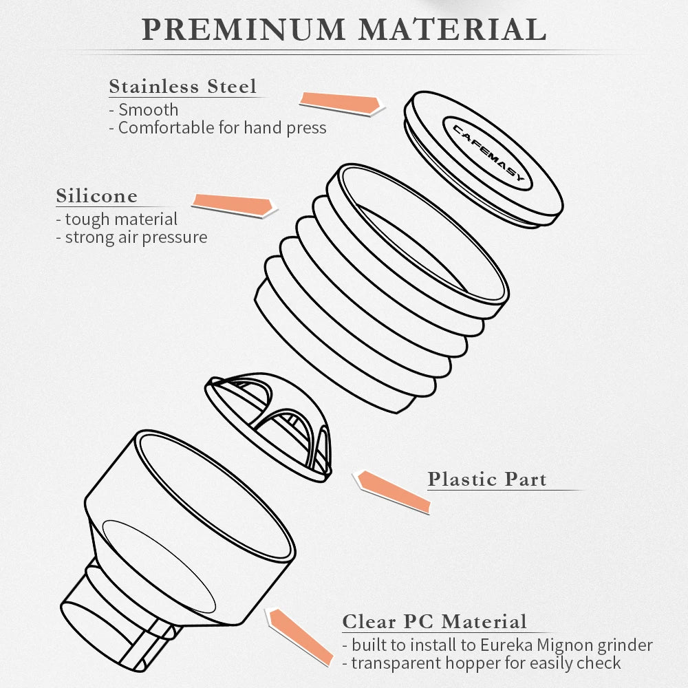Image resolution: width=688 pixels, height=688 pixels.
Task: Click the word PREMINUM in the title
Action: pos(244,30)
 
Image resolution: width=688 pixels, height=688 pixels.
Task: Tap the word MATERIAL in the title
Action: pos(453,30)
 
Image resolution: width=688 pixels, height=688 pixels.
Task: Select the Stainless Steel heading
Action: pos(182,86)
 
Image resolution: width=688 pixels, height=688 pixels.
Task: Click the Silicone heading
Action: pos(96,195)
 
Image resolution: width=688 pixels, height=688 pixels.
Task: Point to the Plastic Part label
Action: pos(487,479)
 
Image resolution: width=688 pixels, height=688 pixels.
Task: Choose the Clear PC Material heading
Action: pos(434,622)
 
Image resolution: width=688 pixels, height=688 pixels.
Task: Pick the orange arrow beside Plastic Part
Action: pos(393,491)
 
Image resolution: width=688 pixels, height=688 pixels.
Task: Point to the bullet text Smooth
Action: pos(144,109)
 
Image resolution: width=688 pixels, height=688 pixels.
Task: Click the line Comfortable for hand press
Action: pos(217,128)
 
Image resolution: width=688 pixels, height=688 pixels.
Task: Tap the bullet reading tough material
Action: pos(117,219)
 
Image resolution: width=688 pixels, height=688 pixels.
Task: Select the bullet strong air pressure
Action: pos(131,237)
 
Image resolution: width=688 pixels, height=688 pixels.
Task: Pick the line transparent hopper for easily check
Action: pos(482,663)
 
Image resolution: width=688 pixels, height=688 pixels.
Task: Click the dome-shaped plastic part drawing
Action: pos(268,427)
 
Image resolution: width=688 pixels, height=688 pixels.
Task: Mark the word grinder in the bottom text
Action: pos(625,646)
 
